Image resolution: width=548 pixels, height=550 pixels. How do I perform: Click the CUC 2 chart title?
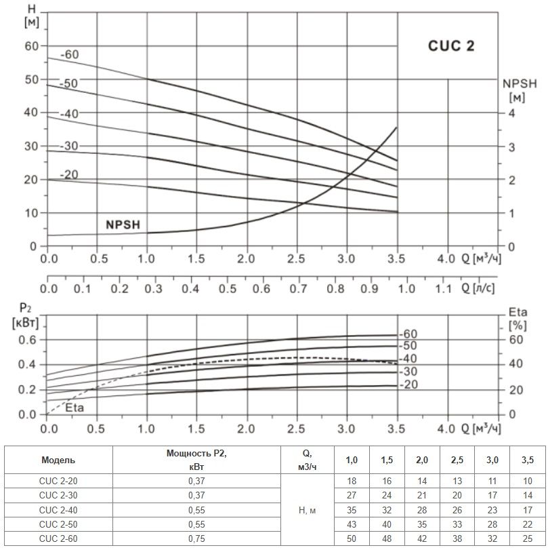tap(451, 46)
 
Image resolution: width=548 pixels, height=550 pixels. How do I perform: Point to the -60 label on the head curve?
tap(70, 54)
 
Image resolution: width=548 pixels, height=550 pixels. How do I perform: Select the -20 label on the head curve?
tap(69, 174)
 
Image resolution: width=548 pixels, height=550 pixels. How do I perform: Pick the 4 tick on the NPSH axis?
tap(512, 113)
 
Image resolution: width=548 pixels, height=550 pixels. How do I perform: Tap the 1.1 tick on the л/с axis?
tap(442, 288)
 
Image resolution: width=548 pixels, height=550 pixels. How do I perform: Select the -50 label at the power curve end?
tap(409, 346)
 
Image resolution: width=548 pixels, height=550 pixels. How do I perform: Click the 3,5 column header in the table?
tap(527, 460)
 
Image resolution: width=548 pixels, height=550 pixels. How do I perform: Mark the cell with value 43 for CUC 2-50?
tap(352, 523)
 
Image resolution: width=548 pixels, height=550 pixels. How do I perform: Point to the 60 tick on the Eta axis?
tap(515, 340)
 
